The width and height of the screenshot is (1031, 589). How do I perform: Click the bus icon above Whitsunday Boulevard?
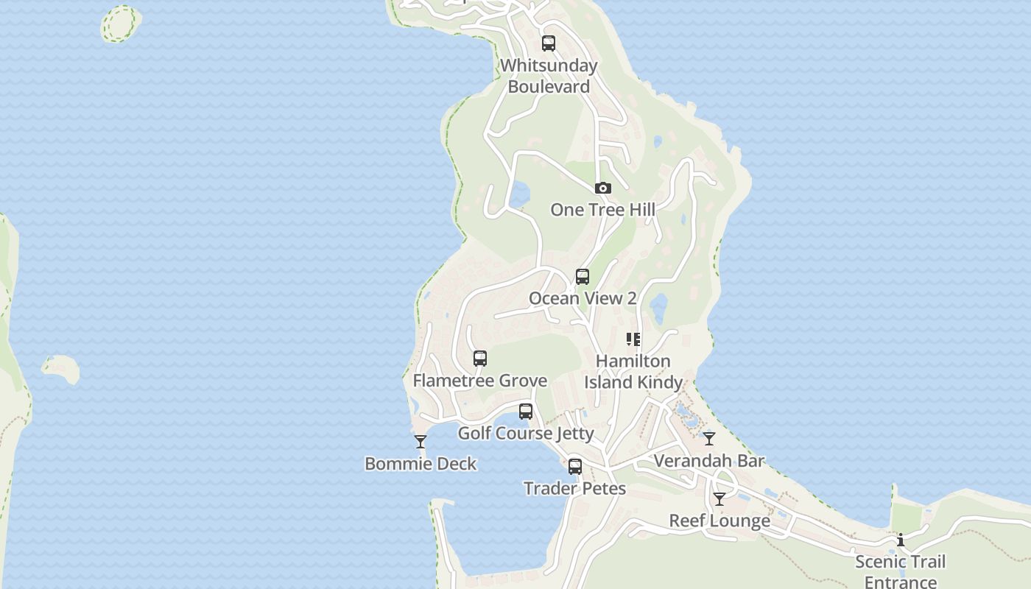pos(549,43)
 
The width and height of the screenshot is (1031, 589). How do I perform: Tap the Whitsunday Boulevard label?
pos(549,76)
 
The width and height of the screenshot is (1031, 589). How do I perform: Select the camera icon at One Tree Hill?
pos(603,188)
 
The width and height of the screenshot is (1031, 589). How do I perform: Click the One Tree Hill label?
pos(602,210)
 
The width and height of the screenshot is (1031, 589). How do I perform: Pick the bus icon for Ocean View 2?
pos(583,277)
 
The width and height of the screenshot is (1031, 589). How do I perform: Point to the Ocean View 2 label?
pos(583,298)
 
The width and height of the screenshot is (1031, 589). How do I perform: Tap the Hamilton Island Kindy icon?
pos(633,339)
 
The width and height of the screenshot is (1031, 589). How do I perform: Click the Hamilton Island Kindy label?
pos(633,372)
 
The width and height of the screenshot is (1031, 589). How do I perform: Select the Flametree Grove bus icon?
pos(480,359)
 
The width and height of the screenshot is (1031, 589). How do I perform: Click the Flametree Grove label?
pos(480,381)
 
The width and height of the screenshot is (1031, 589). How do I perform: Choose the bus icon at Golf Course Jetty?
pos(526,412)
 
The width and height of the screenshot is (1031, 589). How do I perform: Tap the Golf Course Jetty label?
pos(526,433)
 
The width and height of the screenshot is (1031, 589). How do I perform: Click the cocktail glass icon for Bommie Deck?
pos(421,442)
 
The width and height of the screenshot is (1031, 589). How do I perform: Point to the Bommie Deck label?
pos(421,464)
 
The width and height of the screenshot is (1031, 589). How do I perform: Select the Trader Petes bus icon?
pos(575,467)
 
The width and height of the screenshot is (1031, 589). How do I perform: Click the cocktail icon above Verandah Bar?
pos(709,439)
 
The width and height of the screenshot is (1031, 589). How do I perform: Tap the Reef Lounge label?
pos(719,521)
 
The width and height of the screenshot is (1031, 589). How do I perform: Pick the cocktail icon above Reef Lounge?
pos(719,499)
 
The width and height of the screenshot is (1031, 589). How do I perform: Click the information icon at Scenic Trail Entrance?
pos(900,540)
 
